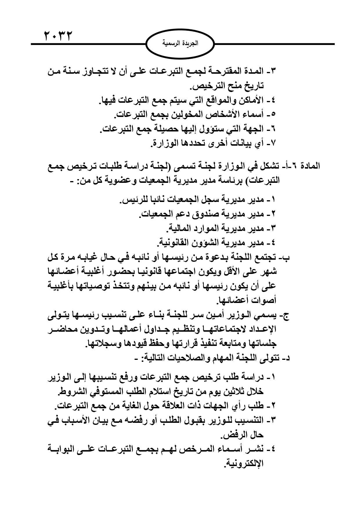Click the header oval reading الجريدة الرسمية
[180, 44]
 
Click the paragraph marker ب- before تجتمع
[285, 257]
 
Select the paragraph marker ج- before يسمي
[285, 316]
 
